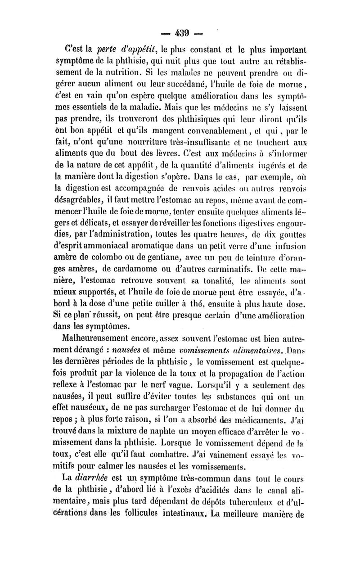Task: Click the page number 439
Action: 180,33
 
